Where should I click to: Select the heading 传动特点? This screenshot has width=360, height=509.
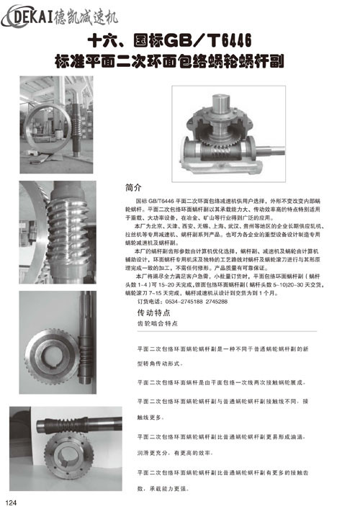(155, 315)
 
